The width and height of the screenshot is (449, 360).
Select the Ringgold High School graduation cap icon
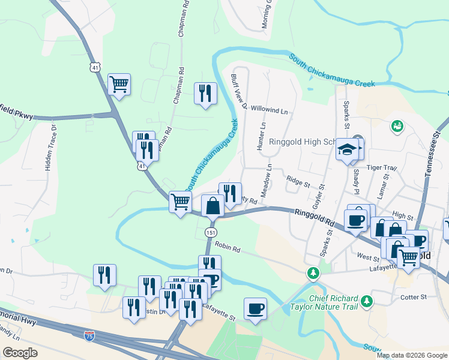click(347, 150)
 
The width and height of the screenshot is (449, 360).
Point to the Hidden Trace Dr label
click(50, 148)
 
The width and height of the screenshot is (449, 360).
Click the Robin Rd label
click(228, 247)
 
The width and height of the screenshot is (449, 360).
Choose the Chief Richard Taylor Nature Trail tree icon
click(365, 299)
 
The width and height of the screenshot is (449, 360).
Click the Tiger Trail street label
click(382, 168)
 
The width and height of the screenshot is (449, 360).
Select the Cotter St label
click(413, 296)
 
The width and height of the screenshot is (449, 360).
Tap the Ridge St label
click(298, 179)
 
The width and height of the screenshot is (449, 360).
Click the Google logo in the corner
click(20, 353)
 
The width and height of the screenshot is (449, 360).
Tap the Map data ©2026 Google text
click(412, 355)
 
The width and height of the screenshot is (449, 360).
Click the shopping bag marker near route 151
click(213, 206)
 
